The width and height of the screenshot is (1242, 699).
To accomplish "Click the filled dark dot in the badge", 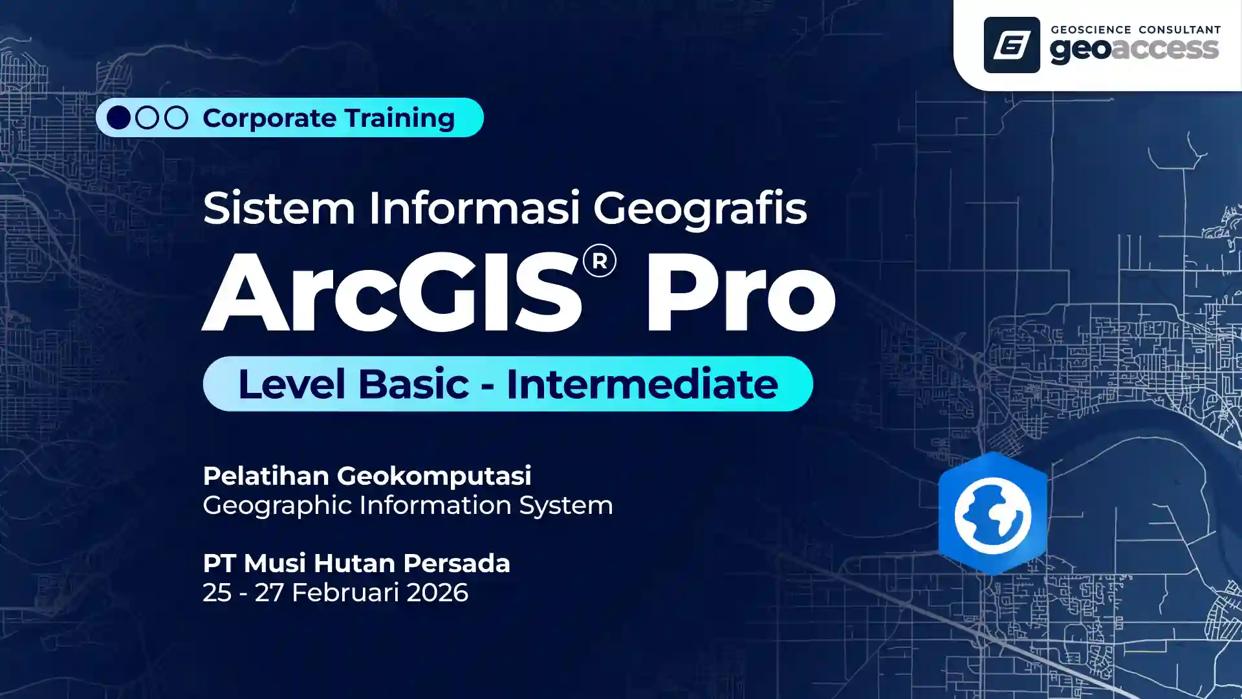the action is (118, 118).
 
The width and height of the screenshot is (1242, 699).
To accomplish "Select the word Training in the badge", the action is (400, 118).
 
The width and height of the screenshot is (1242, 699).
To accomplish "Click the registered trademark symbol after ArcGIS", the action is (599, 261).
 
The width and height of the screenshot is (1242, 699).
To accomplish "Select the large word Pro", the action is (741, 293).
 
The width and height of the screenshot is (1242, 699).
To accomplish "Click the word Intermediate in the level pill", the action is (642, 384).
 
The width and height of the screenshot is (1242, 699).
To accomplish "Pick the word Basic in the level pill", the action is (413, 384).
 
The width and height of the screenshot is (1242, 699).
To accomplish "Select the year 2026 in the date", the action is (437, 593).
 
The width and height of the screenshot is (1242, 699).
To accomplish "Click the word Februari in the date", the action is (345, 593).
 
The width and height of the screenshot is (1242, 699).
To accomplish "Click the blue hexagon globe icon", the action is (992, 514).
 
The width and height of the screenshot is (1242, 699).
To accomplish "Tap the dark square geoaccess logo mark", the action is (1012, 45).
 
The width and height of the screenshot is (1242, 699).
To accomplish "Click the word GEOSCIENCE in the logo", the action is (1091, 30).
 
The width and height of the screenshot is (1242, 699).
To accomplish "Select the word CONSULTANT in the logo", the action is (1179, 30).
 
